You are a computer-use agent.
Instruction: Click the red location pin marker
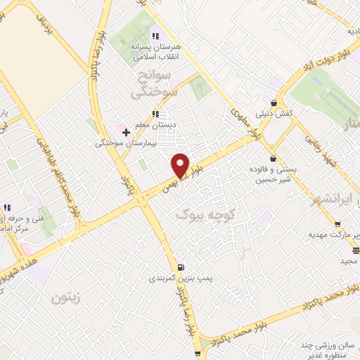tap(181, 165)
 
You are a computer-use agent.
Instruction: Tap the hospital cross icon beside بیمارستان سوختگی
tap(126, 131)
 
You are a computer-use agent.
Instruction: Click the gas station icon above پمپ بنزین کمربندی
tap(182, 266)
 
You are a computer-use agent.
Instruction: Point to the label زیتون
tap(67, 298)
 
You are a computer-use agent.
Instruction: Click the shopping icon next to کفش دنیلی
tap(274, 103)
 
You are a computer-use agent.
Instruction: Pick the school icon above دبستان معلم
tap(156, 113)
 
